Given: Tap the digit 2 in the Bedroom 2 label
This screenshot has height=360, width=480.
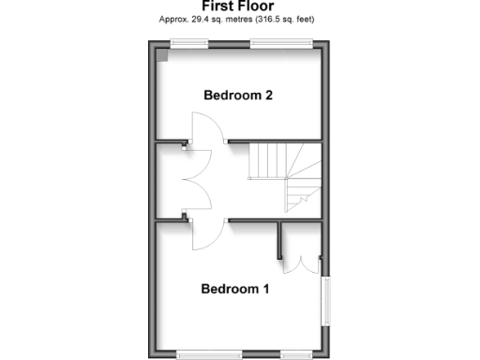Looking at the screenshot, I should tap(269, 95).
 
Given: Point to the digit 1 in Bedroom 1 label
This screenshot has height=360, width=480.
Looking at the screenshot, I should tap(266, 289).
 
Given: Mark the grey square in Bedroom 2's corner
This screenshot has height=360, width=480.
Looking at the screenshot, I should tap(162, 54).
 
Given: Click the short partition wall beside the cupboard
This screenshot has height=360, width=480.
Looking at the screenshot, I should tap(279, 240).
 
